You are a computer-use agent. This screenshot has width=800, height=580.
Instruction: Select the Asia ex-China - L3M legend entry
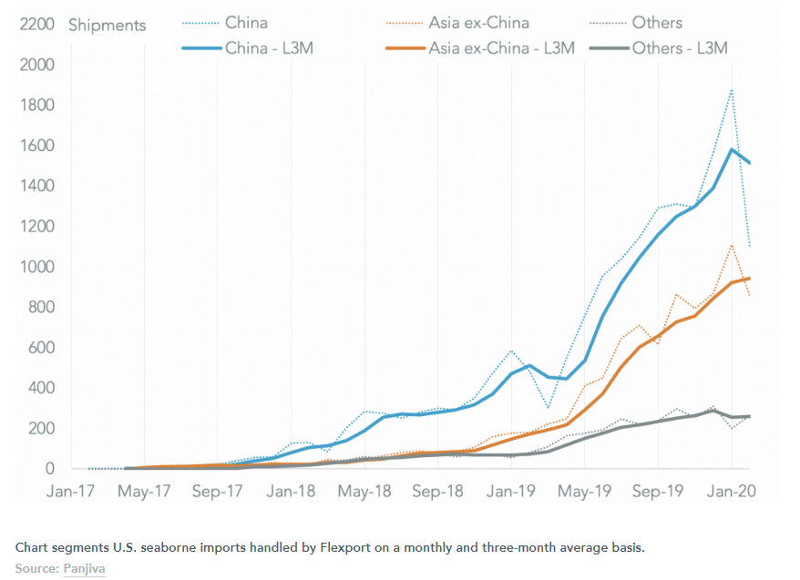point(501,47)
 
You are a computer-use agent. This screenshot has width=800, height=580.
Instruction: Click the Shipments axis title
point(107,25)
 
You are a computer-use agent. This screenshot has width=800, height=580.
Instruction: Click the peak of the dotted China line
point(732,90)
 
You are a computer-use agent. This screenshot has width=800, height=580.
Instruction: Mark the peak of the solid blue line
point(732,149)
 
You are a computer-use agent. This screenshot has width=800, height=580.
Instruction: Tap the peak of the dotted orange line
point(732,245)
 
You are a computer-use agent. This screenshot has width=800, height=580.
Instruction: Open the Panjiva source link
point(84,568)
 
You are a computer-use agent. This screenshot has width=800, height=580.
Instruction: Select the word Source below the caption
point(35,568)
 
